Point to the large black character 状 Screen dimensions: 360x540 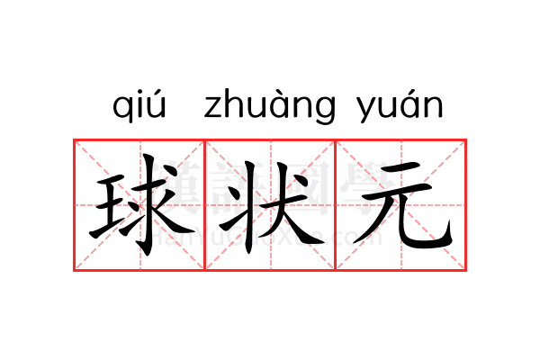pyautogui.click(x=270, y=205)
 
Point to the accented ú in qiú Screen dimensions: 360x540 pyautogui.click(x=157, y=105)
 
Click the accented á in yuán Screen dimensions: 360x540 pyautogui.click(x=409, y=106)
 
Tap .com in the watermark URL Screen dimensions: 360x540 pyautogui.click(x=358, y=238)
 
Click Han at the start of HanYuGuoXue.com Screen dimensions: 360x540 pyautogui.click(x=165, y=238)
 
